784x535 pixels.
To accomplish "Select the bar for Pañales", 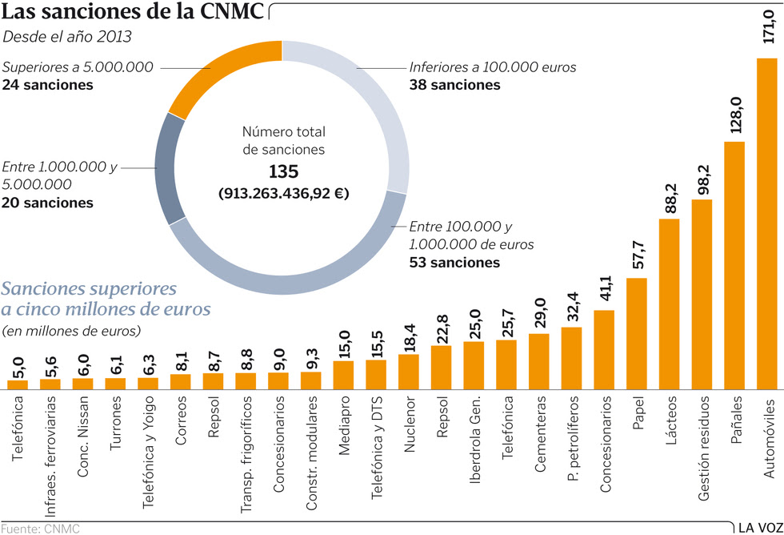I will click(x=734, y=264).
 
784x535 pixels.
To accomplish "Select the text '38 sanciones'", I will click(x=454, y=85).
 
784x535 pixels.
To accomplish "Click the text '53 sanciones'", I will click(x=454, y=262).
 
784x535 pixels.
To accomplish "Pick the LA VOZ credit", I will click(x=758, y=526).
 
